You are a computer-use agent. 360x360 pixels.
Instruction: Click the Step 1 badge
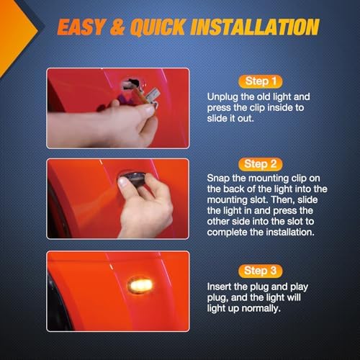261,81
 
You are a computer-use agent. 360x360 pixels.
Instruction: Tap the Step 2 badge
261,164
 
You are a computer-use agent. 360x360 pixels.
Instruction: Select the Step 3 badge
261,271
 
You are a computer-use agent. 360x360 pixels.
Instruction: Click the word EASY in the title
81,27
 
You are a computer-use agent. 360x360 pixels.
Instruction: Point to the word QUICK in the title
158,27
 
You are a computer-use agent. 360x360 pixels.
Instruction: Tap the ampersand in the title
118,27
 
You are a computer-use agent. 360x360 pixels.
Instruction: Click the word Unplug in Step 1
222,97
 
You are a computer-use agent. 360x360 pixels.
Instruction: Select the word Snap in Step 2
218,179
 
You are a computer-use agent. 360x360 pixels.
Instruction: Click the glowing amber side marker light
140,286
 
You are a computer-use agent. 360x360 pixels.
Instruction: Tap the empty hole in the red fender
131,83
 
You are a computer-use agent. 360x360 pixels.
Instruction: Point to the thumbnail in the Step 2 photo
123,182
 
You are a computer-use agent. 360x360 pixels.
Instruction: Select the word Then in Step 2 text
283,200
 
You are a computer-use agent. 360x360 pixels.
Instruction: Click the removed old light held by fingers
147,96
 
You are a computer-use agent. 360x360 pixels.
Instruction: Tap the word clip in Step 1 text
257,108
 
